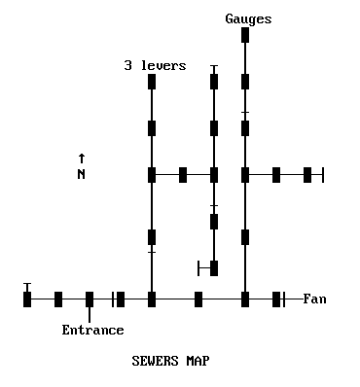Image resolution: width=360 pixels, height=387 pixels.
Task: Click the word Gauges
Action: click(248, 18)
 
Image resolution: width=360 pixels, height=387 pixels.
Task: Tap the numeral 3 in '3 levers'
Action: click(127, 65)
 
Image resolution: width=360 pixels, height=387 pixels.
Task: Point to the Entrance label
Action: click(92, 330)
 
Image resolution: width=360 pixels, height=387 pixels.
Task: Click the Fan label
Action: click(314, 299)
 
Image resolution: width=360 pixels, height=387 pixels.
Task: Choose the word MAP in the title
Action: click(198, 361)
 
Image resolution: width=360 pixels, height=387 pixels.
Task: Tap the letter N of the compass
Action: click(82, 174)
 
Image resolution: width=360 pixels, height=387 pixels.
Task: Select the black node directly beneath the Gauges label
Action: click(245, 35)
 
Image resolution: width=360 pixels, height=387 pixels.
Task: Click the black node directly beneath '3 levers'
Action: click(152, 82)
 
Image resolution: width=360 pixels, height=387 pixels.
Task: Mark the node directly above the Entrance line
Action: click(90, 299)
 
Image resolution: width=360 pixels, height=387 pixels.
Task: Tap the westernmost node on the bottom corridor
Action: click(27, 299)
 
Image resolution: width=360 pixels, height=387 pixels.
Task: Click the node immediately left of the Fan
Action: click(276, 299)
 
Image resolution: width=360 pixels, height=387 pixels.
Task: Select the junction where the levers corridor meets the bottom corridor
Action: click(152, 299)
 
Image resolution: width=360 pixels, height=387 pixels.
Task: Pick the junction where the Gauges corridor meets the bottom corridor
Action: click(245, 299)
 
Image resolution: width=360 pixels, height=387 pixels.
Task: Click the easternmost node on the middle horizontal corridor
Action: click(307, 175)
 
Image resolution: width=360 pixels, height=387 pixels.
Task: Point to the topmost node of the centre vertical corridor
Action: click(214, 82)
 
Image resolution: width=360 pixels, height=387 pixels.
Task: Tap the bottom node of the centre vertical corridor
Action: click(214, 268)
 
